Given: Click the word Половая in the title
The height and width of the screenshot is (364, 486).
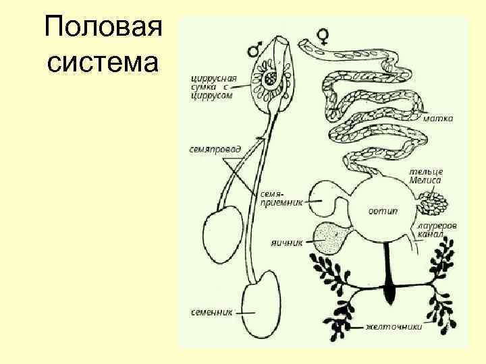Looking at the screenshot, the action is pos(103,30).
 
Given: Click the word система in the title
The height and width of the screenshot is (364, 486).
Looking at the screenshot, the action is pos(103,63).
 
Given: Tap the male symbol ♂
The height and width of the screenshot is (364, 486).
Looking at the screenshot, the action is pos(255,48).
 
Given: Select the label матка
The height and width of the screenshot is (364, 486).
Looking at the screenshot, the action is pos(438,118).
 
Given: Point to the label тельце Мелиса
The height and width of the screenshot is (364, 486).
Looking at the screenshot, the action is pos(425,176).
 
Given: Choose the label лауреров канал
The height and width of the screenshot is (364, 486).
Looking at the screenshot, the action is pos(437,230).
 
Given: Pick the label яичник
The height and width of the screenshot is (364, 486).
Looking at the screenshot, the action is pos(284,239).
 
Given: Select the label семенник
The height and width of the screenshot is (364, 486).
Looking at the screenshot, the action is pos(213,312).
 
